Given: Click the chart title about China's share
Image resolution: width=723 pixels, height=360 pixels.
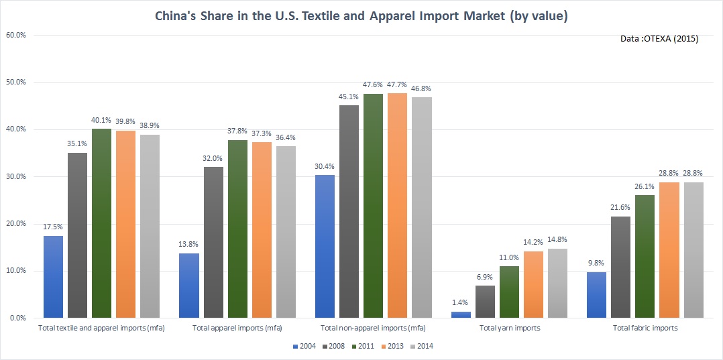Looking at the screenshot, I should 361,15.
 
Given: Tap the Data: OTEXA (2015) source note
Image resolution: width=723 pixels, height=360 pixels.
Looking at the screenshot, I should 660,39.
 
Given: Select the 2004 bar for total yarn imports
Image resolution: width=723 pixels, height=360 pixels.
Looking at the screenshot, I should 461,314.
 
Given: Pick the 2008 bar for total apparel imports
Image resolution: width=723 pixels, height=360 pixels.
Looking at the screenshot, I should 213,242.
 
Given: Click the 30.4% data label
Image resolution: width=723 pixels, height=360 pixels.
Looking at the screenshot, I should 325,166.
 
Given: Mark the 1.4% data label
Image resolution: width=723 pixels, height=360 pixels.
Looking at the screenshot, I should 461,303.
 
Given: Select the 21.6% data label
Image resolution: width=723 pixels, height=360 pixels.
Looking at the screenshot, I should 621,208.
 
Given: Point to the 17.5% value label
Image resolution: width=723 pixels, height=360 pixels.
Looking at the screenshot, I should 54,227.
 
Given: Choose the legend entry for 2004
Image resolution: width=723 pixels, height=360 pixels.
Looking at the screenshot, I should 304,346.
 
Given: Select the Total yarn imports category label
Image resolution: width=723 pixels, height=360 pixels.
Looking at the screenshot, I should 510,328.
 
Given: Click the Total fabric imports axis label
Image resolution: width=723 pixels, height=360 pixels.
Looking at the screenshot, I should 645,328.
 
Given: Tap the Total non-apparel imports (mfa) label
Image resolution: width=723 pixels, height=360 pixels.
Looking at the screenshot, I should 374,328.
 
